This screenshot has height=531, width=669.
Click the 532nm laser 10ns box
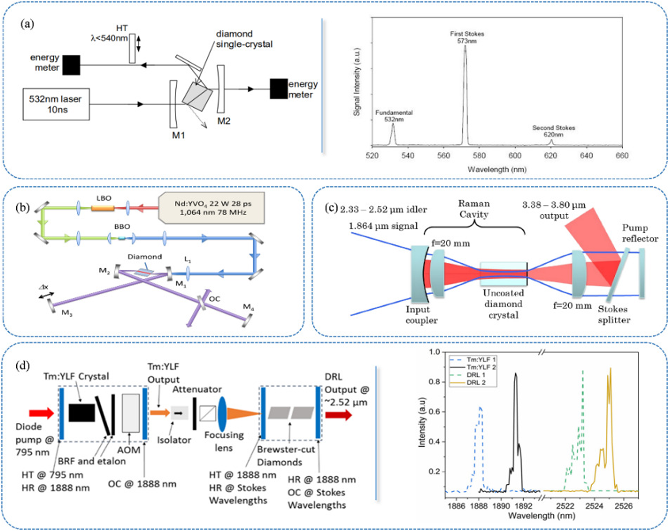tap(56, 104)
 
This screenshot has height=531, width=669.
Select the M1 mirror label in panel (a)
tap(178, 135)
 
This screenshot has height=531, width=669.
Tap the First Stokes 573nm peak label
tap(467, 37)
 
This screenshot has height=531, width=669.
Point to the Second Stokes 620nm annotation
tap(553, 131)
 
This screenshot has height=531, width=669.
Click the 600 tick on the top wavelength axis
tap(515, 156)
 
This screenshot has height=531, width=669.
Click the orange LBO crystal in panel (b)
tap(103, 208)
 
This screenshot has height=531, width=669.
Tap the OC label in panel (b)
tap(214, 299)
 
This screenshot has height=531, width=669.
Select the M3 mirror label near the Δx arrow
tap(67, 313)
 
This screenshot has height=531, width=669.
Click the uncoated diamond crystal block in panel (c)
tap(503, 273)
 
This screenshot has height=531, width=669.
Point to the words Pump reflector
tap(640, 233)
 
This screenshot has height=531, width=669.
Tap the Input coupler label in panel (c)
tap(421, 315)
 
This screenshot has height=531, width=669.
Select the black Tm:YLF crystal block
tap(82, 413)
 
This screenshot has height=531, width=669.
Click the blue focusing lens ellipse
tap(222, 413)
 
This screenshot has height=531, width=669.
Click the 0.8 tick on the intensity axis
tap(434, 382)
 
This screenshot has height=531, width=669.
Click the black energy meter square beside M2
tap(279, 89)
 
